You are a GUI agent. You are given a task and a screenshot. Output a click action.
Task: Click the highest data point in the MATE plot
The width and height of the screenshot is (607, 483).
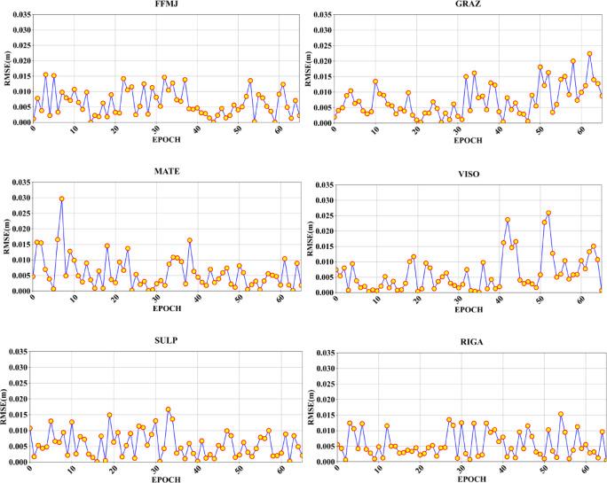(61, 199)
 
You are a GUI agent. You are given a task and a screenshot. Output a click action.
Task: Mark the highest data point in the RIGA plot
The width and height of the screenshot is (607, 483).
(561, 414)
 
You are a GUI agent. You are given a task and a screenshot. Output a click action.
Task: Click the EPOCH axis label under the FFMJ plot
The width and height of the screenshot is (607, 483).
(167, 139)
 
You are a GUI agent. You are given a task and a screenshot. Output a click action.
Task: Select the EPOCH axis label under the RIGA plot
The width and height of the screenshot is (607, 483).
(467, 478)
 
